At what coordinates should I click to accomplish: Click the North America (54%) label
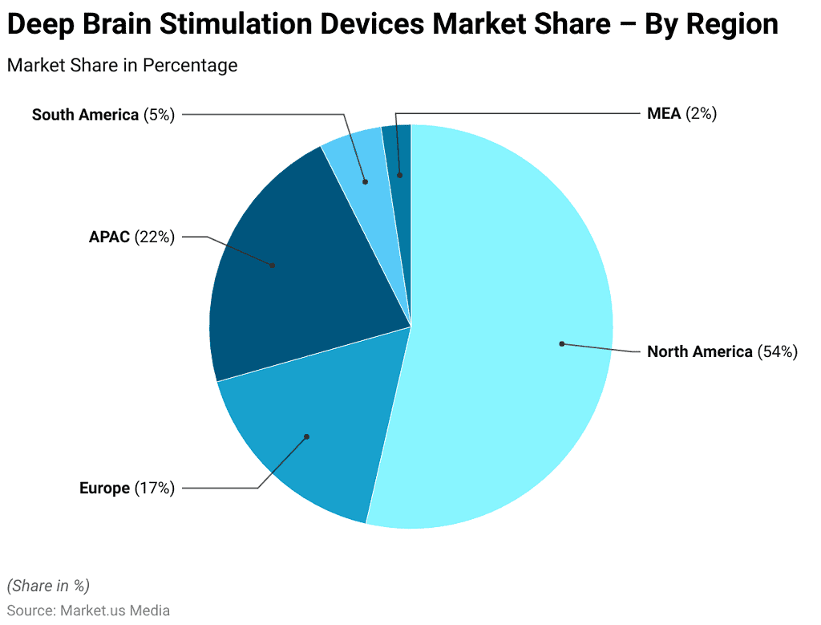(722, 351)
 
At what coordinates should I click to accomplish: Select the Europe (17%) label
(127, 488)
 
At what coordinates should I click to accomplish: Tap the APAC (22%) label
(131, 237)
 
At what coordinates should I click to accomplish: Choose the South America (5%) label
(103, 115)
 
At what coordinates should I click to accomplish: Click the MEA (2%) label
(681, 114)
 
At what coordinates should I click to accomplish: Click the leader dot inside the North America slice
(562, 343)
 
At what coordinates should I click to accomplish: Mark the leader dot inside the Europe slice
(306, 436)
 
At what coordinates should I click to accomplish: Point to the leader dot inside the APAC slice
(273, 265)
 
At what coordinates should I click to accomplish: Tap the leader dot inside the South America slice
(366, 182)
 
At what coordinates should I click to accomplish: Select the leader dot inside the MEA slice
(399, 174)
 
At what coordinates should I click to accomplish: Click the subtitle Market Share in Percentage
(122, 66)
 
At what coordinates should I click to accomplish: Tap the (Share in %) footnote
(49, 585)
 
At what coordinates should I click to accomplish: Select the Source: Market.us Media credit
(88, 611)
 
